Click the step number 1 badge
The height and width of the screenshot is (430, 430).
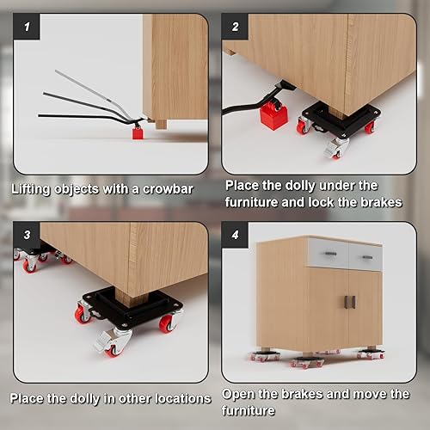point(27,28)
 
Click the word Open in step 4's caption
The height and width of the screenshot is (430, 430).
point(240,393)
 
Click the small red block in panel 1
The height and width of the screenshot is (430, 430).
point(137,133)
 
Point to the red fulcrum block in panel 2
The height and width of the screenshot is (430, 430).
point(273,115)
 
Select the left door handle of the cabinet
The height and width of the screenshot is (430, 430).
point(347,302)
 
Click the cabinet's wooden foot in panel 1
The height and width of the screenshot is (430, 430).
point(161,124)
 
